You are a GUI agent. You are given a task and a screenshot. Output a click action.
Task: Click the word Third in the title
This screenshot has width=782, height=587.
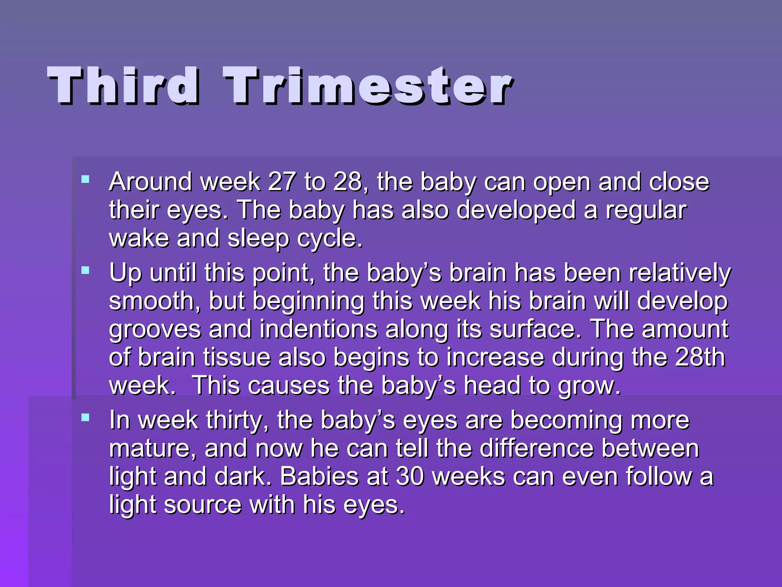coord(123,86)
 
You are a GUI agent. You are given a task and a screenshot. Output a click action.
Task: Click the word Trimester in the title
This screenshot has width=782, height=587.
coord(368,86)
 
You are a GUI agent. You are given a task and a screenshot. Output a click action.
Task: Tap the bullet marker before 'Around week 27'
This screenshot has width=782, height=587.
coord(85,179)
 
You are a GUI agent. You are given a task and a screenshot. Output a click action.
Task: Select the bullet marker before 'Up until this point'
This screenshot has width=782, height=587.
coord(85,271)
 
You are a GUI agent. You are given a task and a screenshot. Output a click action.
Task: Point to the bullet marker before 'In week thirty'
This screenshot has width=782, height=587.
coord(85,417)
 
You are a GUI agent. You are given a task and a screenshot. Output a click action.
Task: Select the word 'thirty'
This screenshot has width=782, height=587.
coord(238,420)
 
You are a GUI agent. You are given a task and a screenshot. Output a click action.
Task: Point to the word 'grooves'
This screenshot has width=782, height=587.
coord(155,330)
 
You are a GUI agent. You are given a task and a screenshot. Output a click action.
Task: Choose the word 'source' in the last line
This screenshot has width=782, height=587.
coord(203,505)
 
